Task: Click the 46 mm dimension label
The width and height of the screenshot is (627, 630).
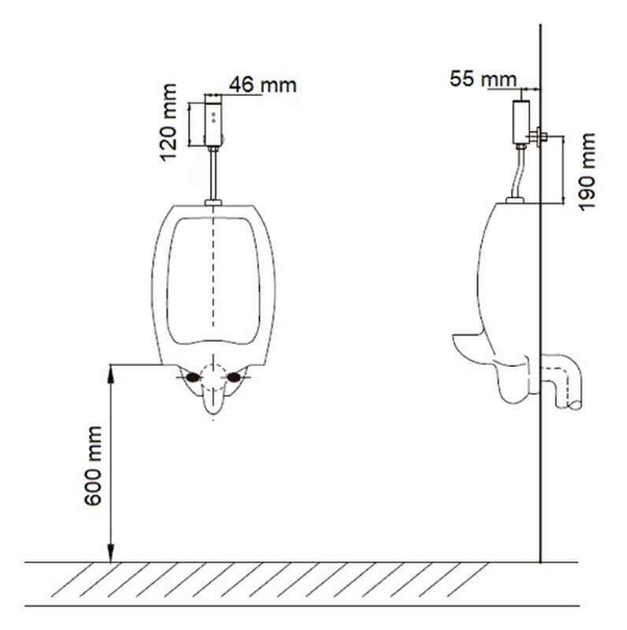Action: point(263,85)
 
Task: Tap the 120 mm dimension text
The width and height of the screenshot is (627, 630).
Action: point(169,123)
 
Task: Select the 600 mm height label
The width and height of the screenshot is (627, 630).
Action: point(93,465)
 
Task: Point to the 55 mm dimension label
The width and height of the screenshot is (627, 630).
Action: point(483,79)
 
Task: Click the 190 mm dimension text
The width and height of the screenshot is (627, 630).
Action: point(587,172)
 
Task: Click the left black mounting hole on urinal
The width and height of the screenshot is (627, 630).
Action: point(193,377)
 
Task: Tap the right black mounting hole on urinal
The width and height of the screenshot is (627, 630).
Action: point(233,377)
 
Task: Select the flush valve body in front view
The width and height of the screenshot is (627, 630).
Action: point(213,120)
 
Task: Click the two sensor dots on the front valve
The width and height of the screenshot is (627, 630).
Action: point(213,117)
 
